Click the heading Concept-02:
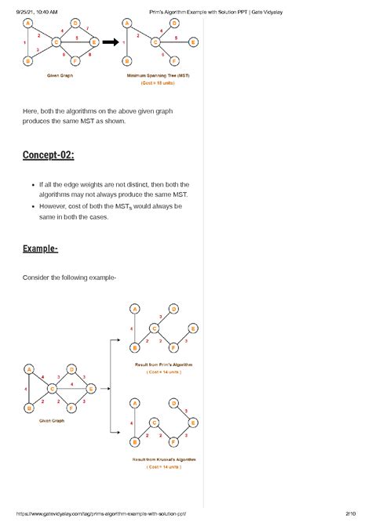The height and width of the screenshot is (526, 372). coord(48,155)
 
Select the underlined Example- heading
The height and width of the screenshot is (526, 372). coord(40,250)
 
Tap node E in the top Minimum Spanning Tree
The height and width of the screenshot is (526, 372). coord(182,42)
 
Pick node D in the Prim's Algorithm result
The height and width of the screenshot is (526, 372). coord(173,308)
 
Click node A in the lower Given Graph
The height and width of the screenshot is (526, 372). coord(29,369)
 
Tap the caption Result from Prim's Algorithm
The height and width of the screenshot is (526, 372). coord(163,365)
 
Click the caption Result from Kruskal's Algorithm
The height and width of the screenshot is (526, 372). coord(164,459)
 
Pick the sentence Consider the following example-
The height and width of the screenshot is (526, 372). coord(69,277)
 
